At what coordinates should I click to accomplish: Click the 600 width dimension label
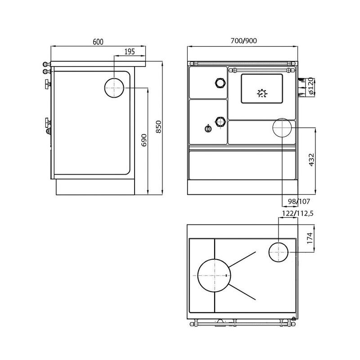[98, 42]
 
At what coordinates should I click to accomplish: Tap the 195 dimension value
[130, 52]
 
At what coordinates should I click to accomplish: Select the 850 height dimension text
[159, 127]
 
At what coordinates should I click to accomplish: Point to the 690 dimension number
[144, 140]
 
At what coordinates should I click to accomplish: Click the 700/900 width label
[243, 40]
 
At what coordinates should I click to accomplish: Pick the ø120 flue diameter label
[310, 86]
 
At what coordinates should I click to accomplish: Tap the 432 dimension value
[311, 160]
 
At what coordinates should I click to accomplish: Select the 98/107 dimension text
[299, 201]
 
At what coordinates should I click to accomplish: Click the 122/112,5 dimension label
[297, 213]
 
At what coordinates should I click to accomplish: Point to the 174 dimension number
[310, 238]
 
